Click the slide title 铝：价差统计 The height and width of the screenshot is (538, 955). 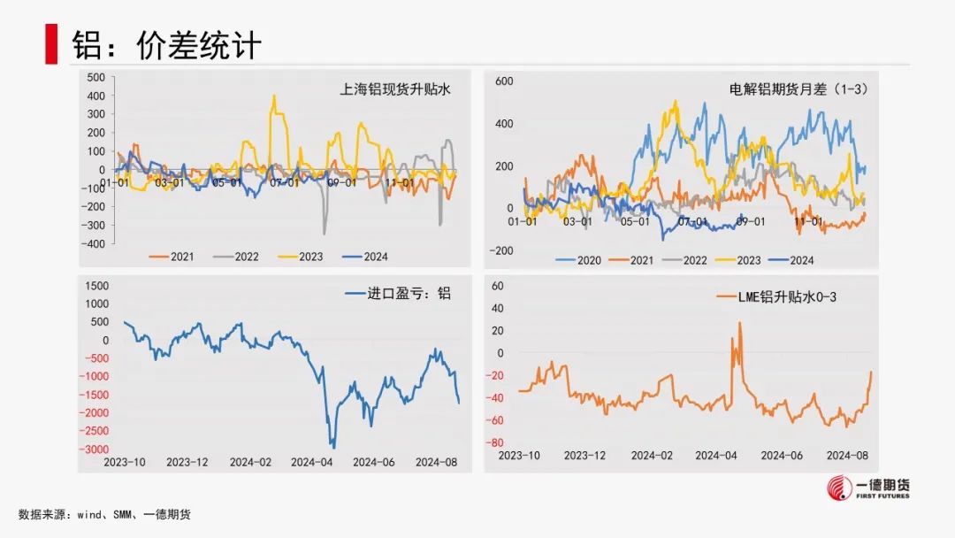tap(167, 46)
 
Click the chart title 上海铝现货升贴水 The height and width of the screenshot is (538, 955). tap(395, 89)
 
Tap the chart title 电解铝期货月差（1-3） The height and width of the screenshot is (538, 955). tap(793, 89)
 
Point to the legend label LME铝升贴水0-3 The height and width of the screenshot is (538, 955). tap(786, 296)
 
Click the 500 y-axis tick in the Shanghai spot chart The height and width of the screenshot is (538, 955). tap(95, 77)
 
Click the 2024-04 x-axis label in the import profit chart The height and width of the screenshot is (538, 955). tap(310, 462)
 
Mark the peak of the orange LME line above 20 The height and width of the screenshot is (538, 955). tap(739, 323)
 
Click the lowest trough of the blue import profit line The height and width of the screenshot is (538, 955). tap(332, 448)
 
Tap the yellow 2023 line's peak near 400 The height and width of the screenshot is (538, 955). tap(275, 96)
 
